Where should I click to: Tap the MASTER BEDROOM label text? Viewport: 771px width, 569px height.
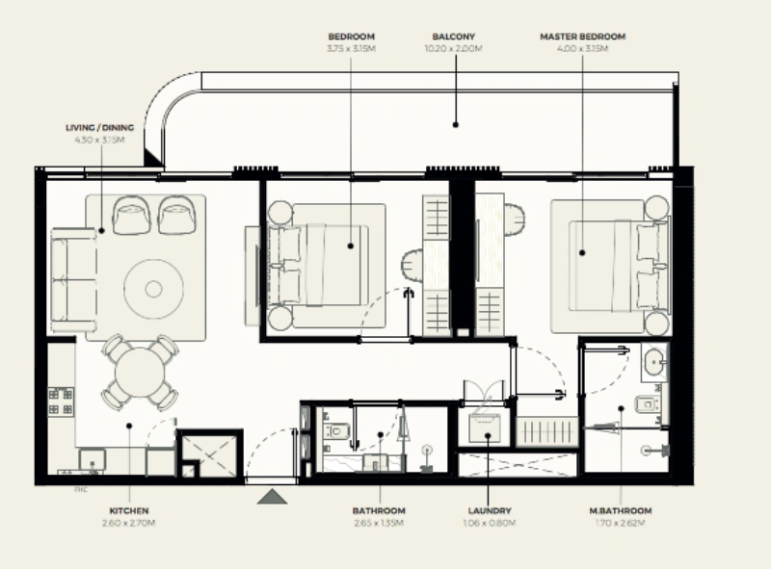pos(582,37)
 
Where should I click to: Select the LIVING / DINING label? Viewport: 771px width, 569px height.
pos(99,127)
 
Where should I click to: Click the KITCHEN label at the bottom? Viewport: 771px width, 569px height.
pos(128,511)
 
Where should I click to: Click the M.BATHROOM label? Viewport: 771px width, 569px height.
pos(621,511)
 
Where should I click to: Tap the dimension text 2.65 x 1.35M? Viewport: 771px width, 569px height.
pos(379,523)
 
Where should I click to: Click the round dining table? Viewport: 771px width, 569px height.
pos(141,372)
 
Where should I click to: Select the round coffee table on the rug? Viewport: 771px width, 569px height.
pos(153,287)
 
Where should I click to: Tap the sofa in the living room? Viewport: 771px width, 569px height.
pos(73,279)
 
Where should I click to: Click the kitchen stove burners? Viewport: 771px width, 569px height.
pos(61,401)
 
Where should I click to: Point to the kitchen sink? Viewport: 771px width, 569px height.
pos(93,461)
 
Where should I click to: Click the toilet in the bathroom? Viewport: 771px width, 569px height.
pos(335,430)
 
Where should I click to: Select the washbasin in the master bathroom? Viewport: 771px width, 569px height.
pos(654,363)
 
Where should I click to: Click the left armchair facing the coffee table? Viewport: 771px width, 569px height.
pos(132,215)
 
